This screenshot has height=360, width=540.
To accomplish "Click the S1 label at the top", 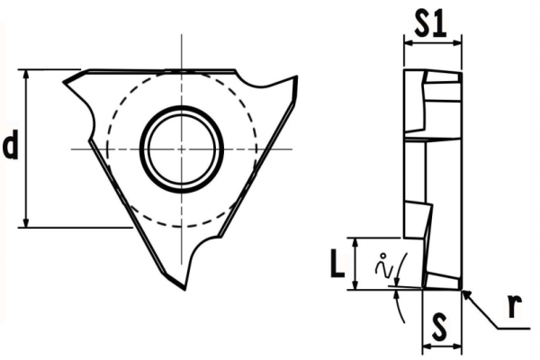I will (431, 24).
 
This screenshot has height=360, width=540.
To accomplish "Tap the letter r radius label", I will (513, 307).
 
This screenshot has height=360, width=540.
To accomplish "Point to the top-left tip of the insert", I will (65, 83).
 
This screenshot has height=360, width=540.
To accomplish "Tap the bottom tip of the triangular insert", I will (185, 288).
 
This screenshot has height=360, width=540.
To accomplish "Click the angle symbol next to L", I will (385, 266).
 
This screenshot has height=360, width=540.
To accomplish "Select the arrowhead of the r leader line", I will (464, 292).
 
